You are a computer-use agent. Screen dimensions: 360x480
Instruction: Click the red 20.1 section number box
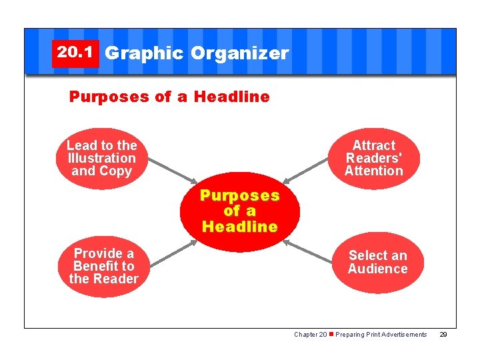pyautogui.click(x=75, y=53)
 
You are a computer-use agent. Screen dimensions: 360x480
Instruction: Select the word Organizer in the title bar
pyautogui.click(x=239, y=53)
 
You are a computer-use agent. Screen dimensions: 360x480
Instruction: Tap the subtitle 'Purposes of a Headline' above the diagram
pyautogui.click(x=169, y=97)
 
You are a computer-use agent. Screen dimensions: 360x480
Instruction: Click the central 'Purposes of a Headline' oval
pyautogui.click(x=240, y=211)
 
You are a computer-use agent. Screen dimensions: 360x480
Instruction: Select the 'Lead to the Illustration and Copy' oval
pyautogui.click(x=102, y=159)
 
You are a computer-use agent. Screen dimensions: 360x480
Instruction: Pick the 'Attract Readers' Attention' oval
pyautogui.click(x=373, y=159)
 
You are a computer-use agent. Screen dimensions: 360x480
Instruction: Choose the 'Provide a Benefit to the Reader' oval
pyautogui.click(x=103, y=267)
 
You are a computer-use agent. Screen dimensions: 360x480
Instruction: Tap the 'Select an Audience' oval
pyautogui.click(x=377, y=262)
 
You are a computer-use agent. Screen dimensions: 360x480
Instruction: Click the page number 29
pyautogui.click(x=443, y=335)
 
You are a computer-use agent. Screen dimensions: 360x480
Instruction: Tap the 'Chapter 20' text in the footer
pyautogui.click(x=310, y=335)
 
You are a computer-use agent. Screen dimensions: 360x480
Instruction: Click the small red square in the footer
pyautogui.click(x=331, y=335)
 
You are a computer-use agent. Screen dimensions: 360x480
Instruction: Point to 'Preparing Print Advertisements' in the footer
pyautogui.click(x=381, y=335)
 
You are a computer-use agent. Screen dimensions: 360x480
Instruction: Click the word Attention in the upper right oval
pyautogui.click(x=373, y=171)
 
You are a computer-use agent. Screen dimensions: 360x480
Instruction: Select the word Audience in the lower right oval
pyautogui.click(x=377, y=269)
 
